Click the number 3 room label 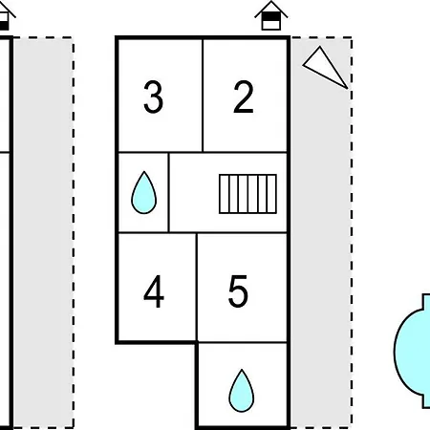154,97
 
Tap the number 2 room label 244,97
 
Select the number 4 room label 154,291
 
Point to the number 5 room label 238,291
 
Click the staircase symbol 247,194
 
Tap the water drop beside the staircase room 144,192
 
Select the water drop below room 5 242,391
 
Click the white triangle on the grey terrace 326,68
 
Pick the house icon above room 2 271,15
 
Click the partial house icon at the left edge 6,16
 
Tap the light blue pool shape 412,351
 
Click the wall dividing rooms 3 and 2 203,96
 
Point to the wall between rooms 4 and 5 197,288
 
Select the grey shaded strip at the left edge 43,232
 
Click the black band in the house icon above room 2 271,16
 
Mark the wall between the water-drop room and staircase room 168,192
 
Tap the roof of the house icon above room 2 271,9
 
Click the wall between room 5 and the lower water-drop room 242,343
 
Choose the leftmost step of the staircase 225,194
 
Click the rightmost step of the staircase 271,194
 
